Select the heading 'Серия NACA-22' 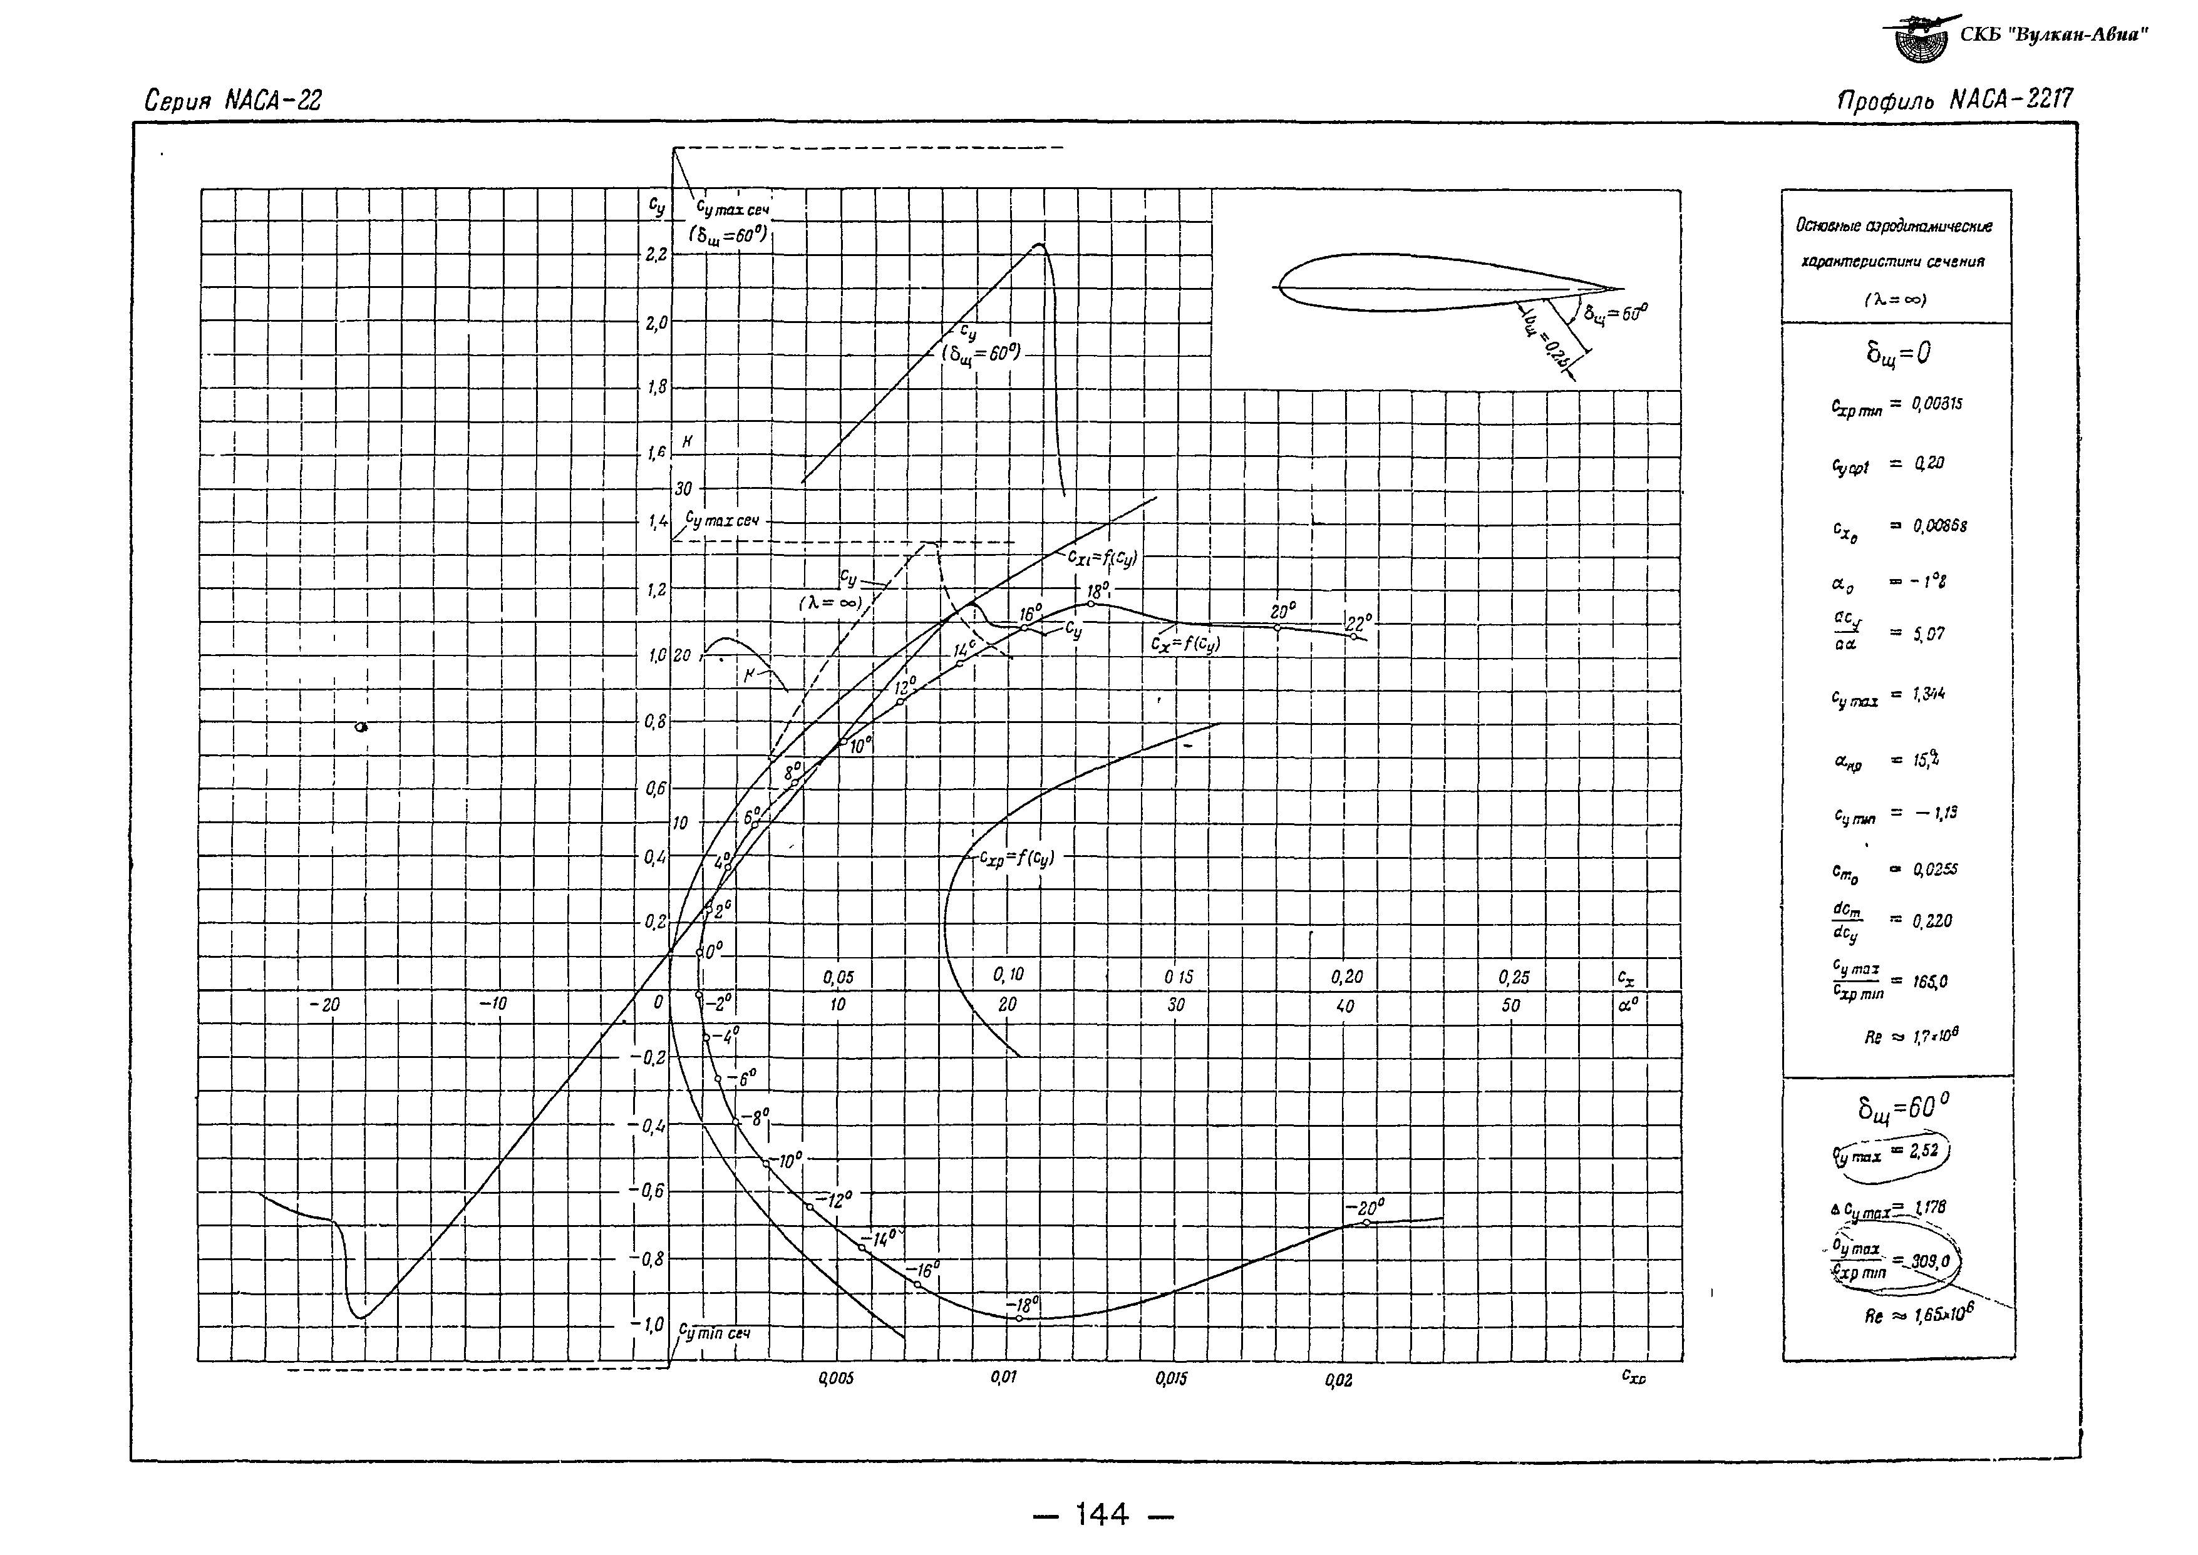(x=233, y=101)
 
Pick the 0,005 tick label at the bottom (x=835, y=1379)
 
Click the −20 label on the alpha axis (x=324, y=1005)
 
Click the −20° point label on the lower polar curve (x=1364, y=1208)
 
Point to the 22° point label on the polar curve (x=1359, y=622)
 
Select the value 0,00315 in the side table (x=1936, y=404)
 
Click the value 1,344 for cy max (x=1928, y=694)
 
